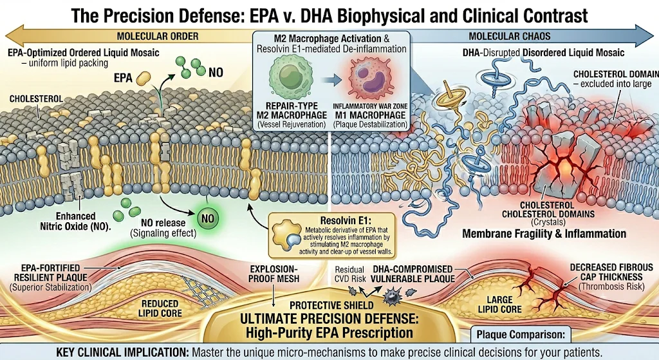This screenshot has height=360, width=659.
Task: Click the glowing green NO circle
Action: coord(208,219)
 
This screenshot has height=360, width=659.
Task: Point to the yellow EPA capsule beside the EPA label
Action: coord(144,77)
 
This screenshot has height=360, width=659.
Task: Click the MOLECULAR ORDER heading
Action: coord(158,36)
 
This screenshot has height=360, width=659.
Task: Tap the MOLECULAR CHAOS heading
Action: coord(510,36)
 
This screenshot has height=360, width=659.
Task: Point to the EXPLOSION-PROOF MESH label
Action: coord(274,273)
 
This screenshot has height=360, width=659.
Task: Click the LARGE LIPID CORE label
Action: coord(499,305)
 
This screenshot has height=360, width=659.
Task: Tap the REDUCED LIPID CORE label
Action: coord(160,308)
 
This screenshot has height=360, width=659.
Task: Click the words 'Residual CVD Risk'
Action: coord(350,274)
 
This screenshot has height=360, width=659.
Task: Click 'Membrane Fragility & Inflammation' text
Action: coord(544,234)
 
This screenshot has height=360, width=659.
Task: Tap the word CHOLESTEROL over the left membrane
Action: coord(36,99)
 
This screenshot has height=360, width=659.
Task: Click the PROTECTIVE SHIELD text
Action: coord(331,305)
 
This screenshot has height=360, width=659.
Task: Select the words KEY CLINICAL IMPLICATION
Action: coord(122,352)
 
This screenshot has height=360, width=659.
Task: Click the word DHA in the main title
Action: coord(313,15)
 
